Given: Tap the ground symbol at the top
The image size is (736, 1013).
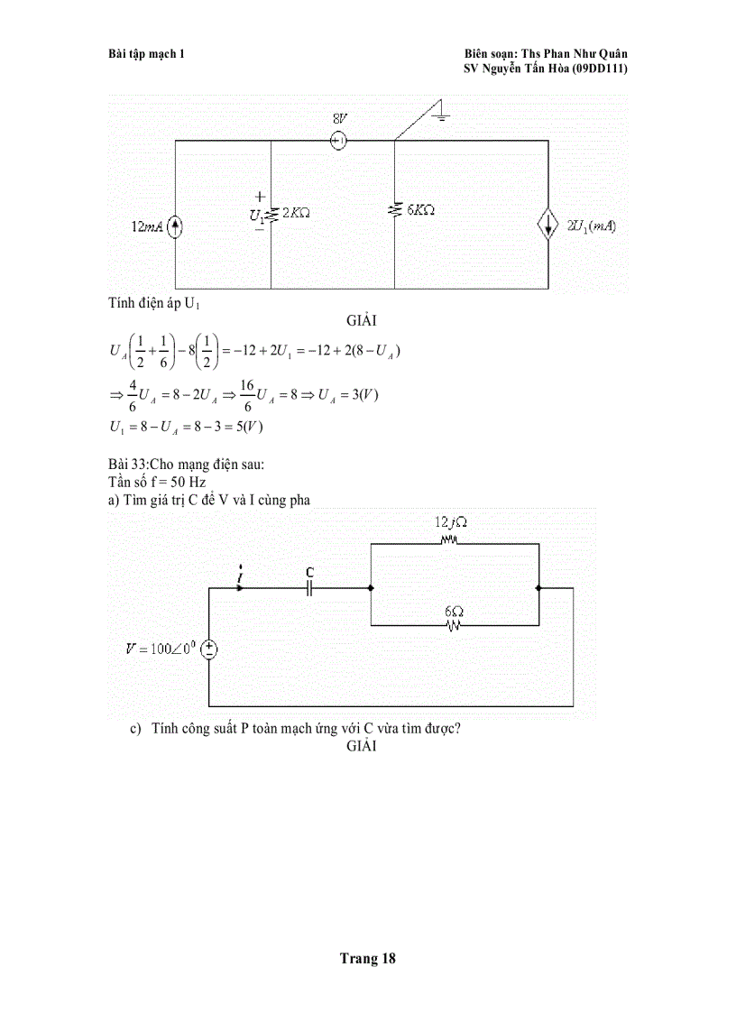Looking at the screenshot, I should (440, 115).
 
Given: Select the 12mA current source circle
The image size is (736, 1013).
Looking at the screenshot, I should (175, 226).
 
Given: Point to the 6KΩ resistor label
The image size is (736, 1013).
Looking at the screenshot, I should (420, 209).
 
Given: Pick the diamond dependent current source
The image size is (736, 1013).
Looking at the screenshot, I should (548, 226).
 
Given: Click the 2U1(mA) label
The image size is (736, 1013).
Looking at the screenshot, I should (591, 226).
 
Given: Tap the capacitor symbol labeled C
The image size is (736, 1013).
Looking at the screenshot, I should (309, 588).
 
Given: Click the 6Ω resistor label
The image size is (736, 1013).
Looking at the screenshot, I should (453, 611).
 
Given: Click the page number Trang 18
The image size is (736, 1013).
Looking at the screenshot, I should (367, 959).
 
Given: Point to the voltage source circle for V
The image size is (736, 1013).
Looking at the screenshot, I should (208, 649).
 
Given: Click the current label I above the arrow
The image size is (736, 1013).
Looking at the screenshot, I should (239, 573).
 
